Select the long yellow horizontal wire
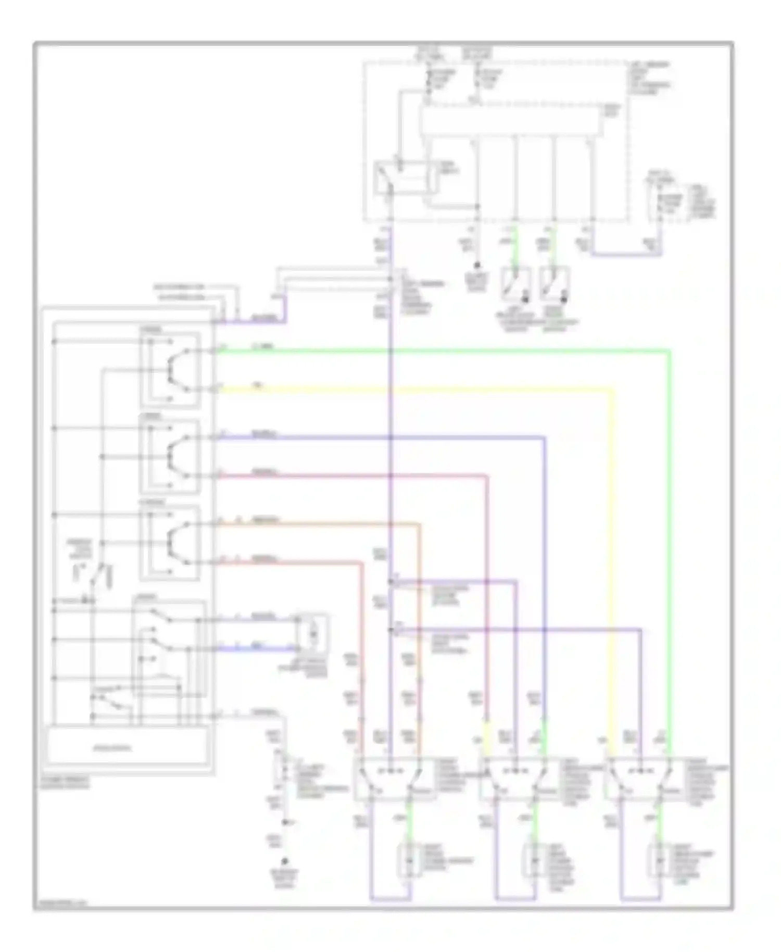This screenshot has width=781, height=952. tap(417, 389)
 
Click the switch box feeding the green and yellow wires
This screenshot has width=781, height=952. tap(170, 370)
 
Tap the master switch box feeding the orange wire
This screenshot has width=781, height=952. tap(170, 543)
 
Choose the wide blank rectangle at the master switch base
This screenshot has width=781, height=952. tap(128, 748)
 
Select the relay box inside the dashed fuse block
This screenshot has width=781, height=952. tap(405, 178)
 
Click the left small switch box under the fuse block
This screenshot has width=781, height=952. tap(515, 284)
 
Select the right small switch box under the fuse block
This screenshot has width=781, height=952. tap(555, 284)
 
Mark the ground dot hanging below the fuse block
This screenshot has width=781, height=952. tap(477, 266)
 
